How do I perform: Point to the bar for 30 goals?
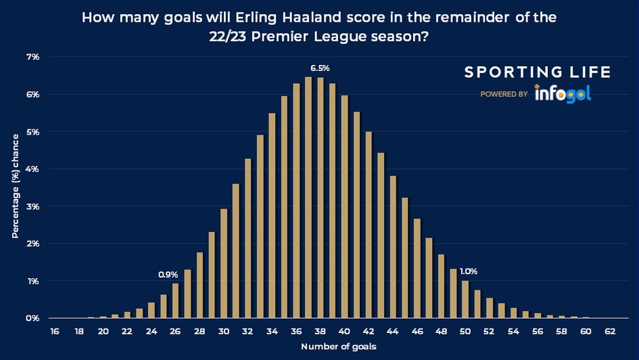(x=224, y=263)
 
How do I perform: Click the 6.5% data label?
(x=320, y=68)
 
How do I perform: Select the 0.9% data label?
(x=168, y=275)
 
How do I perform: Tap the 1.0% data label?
(x=469, y=271)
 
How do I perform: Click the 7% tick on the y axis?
(x=33, y=57)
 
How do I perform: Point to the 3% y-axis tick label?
(x=33, y=206)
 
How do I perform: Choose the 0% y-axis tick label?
(x=33, y=318)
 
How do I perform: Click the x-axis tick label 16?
(x=55, y=332)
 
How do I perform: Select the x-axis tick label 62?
(x=610, y=332)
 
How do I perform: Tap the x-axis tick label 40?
(x=344, y=332)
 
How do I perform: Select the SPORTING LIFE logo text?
(x=538, y=72)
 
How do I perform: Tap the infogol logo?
(x=563, y=93)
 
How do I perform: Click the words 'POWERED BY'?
(x=504, y=95)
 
